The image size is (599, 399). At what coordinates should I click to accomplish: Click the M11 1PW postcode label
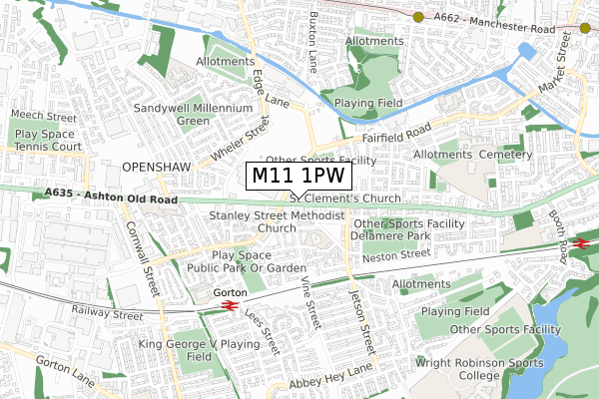pyautogui.click(x=299, y=176)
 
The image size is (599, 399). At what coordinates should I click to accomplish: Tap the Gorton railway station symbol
pyautogui.click(x=229, y=305)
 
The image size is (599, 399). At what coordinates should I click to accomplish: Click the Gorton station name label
pyautogui.click(x=229, y=291)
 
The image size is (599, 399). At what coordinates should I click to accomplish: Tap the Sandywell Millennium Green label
pyautogui.click(x=194, y=115)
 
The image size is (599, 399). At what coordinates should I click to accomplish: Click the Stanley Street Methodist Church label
pyautogui.click(x=277, y=221)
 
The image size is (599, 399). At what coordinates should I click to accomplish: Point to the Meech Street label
pyautogui.click(x=36, y=116)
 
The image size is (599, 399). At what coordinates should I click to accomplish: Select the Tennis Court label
pyautogui.click(x=48, y=147)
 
